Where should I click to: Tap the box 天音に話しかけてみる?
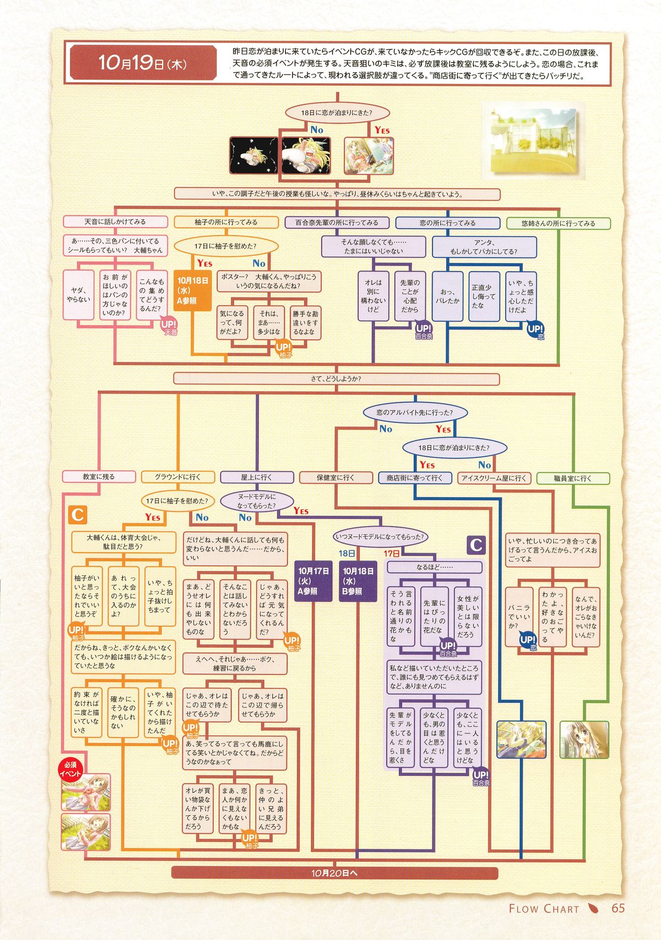tap(115, 222)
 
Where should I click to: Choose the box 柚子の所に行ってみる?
tap(226, 222)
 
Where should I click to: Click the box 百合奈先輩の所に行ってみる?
tap(337, 223)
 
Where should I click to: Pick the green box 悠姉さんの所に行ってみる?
tap(558, 223)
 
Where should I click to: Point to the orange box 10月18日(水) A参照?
tap(193, 290)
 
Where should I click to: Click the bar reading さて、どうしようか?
tap(336, 379)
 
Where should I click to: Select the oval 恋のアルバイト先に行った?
tap(415, 412)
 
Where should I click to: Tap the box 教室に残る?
tap(99, 477)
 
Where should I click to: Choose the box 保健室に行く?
tap(335, 478)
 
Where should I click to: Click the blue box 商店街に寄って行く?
tap(414, 478)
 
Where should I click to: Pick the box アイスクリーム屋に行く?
tap(494, 478)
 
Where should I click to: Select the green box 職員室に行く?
tap(573, 478)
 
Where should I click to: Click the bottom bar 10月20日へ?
tap(334, 873)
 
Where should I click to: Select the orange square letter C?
tap(78, 515)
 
